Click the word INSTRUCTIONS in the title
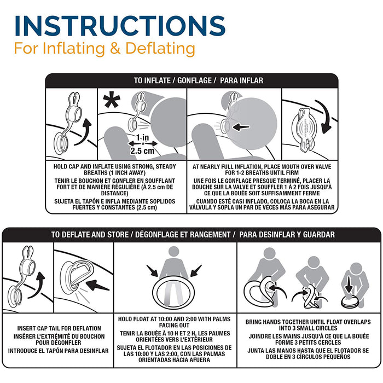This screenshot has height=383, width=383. point(120,26)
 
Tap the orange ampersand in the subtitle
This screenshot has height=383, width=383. point(115,48)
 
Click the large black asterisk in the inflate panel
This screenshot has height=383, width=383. point(112,100)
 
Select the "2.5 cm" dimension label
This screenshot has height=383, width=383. point(142,150)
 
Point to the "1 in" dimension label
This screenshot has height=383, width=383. point(143,137)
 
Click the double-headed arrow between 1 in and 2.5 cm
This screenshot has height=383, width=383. point(143,143)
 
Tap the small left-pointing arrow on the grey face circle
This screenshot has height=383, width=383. point(241,127)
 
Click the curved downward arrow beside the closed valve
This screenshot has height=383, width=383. point(324,117)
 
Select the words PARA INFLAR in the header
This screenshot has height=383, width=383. point(242,80)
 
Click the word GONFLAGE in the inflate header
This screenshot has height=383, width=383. point(194,80)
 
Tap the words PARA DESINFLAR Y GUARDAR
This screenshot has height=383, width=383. point(287,235)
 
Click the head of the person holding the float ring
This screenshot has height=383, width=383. point(173,252)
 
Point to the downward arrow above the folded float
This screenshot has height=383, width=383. point(349,285)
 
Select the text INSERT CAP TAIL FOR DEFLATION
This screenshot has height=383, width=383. point(59,328)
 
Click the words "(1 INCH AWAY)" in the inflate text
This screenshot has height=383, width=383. point(114,173)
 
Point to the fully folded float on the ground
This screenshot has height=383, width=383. point(350,302)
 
